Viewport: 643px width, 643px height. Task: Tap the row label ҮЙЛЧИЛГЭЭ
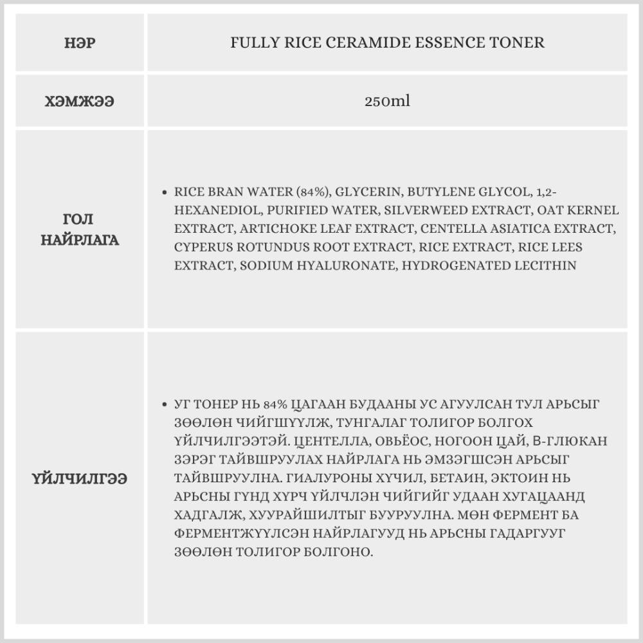coord(79,478)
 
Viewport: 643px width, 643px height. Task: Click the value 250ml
coord(387,101)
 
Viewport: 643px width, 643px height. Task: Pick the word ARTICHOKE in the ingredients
coord(269,228)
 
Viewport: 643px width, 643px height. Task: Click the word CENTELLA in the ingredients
coord(448,228)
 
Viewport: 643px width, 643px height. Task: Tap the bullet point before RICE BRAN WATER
coord(165,192)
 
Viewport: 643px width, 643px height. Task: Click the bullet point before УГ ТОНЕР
coord(165,404)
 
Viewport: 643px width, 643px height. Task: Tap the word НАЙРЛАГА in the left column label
coord(80,240)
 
